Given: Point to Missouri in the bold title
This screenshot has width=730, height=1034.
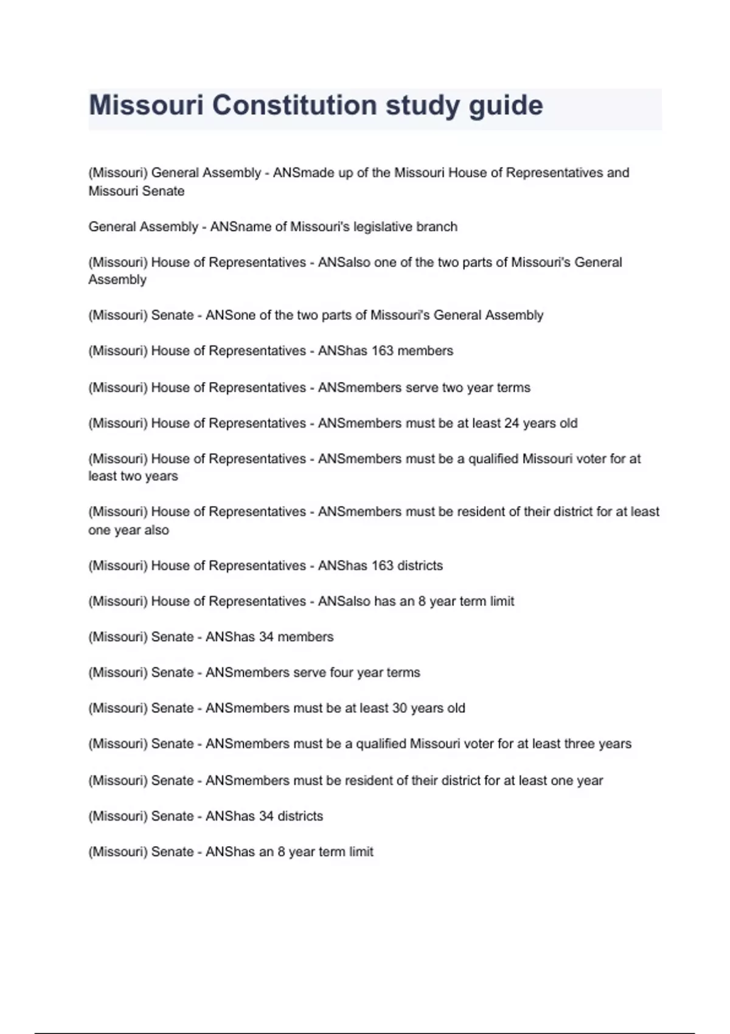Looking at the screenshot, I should click(x=146, y=105).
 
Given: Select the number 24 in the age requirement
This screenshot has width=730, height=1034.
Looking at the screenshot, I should click(x=512, y=423).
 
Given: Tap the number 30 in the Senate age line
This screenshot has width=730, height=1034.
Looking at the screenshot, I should click(x=399, y=708).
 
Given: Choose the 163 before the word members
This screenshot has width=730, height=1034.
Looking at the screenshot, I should click(x=382, y=351).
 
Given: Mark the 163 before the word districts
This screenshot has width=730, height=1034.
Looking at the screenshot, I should click(x=382, y=566).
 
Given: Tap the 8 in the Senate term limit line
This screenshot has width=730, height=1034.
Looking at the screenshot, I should click(x=281, y=852).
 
